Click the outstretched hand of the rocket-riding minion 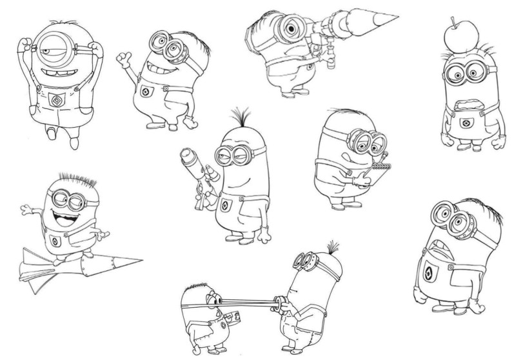(26, 208)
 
